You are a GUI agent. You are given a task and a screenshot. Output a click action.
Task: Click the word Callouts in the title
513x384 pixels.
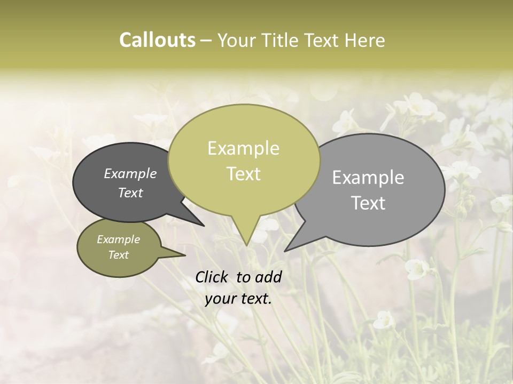click(x=157, y=41)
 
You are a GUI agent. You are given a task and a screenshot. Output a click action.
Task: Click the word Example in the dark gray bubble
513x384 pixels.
click(x=130, y=174)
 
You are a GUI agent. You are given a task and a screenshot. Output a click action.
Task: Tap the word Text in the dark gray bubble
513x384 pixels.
click(x=130, y=193)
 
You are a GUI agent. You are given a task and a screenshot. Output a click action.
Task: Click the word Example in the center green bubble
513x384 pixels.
click(x=243, y=148)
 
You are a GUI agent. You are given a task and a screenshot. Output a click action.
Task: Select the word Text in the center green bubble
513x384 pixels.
click(x=243, y=174)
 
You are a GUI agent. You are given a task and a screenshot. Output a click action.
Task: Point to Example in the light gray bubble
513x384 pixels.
click(x=368, y=178)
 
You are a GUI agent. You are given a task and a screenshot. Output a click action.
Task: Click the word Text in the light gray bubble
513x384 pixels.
click(x=369, y=203)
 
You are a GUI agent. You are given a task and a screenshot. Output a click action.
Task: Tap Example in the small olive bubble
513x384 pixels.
click(x=118, y=240)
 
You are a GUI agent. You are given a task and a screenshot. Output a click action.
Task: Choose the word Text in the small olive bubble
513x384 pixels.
click(x=118, y=255)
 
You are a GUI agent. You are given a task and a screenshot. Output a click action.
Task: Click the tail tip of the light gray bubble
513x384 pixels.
click(x=286, y=250)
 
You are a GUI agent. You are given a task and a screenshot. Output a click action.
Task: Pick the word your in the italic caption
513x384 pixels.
click(x=220, y=299)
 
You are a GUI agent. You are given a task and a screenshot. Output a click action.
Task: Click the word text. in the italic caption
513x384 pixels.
click(x=255, y=299)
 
